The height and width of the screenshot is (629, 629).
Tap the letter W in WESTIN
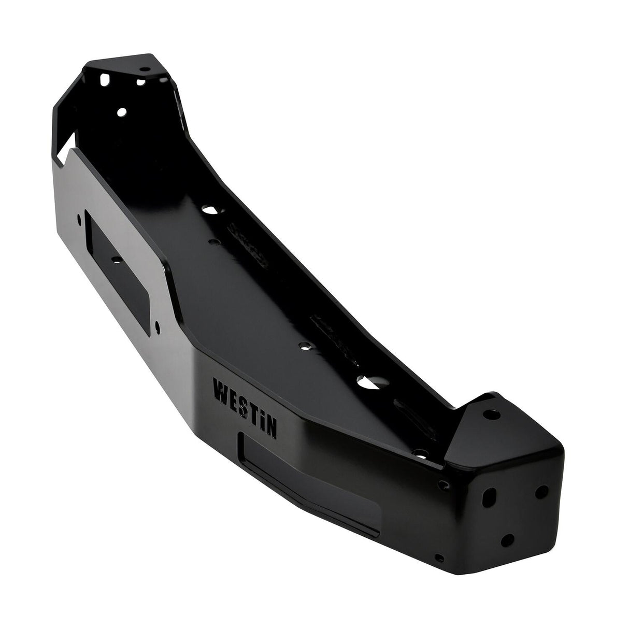pyautogui.click(x=220, y=388)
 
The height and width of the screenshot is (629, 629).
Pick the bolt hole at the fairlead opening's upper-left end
pyautogui.click(x=80, y=219)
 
